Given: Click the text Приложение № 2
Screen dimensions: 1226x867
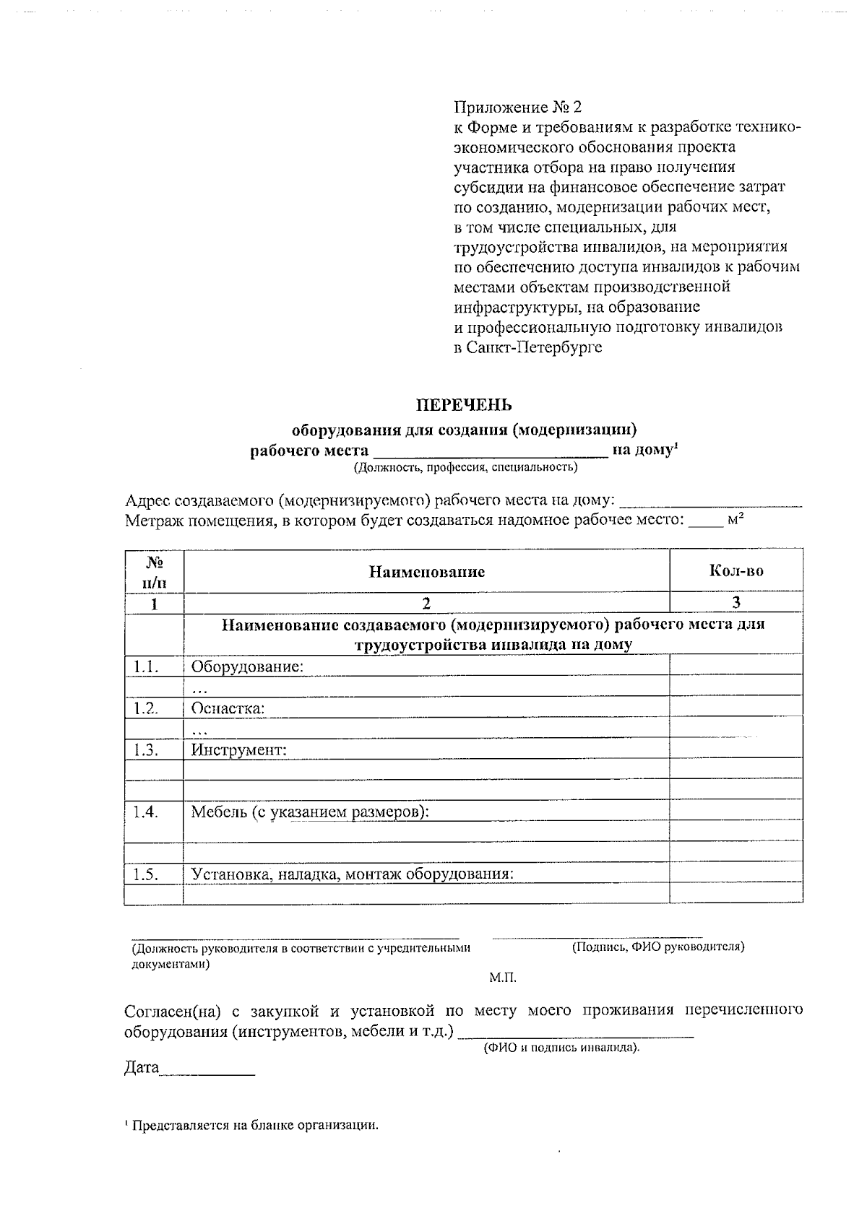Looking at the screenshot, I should (517, 108).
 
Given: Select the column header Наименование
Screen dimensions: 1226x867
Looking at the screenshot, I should (427, 572).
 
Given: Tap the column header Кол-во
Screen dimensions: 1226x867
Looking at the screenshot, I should (736, 571).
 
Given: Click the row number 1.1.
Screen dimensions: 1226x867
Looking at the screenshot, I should (146, 666).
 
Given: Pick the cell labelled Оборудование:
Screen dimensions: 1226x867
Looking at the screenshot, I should (247, 666).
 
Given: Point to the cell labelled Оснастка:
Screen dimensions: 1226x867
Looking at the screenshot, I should (228, 708).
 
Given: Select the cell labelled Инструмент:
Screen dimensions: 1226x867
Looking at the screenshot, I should (238, 750).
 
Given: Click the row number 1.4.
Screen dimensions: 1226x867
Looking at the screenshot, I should (146, 812).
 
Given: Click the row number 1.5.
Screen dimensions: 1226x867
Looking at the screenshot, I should (146, 874).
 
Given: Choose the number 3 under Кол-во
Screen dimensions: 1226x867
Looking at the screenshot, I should (736, 603).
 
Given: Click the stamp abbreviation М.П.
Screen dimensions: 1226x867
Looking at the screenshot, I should (503, 978).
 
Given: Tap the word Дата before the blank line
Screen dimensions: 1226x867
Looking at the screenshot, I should (141, 1068).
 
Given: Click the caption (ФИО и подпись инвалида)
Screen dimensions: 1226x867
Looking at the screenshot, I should (561, 1047).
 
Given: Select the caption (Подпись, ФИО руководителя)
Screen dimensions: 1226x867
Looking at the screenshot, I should (658, 947).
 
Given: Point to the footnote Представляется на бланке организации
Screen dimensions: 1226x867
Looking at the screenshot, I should (253, 1125).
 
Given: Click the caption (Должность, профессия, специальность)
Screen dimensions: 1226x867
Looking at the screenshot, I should (465, 467).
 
